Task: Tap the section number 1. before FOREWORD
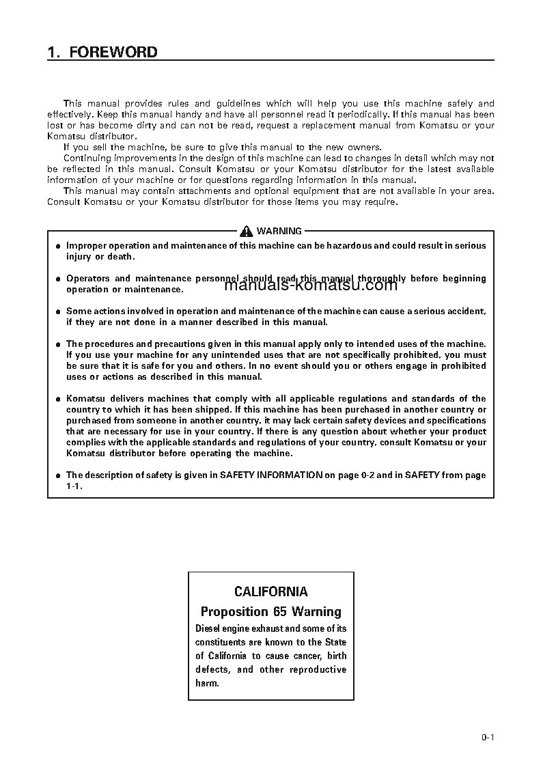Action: pyautogui.click(x=54, y=52)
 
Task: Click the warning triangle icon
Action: pyautogui.click(x=247, y=231)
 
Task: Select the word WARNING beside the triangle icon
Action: pyautogui.click(x=279, y=231)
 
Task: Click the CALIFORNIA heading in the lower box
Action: pyautogui.click(x=270, y=591)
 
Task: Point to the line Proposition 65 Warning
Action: pyautogui.click(x=270, y=611)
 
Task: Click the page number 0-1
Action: pyautogui.click(x=487, y=737)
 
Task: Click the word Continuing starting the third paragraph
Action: pyautogui.click(x=86, y=158)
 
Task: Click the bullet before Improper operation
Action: pyautogui.click(x=58, y=246)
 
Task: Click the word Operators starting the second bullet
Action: pyautogui.click(x=88, y=278)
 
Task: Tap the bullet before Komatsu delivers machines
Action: pyautogui.click(x=58, y=399)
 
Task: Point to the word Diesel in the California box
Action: pyautogui.click(x=208, y=628)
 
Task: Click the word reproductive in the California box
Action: pyautogui.click(x=318, y=669)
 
